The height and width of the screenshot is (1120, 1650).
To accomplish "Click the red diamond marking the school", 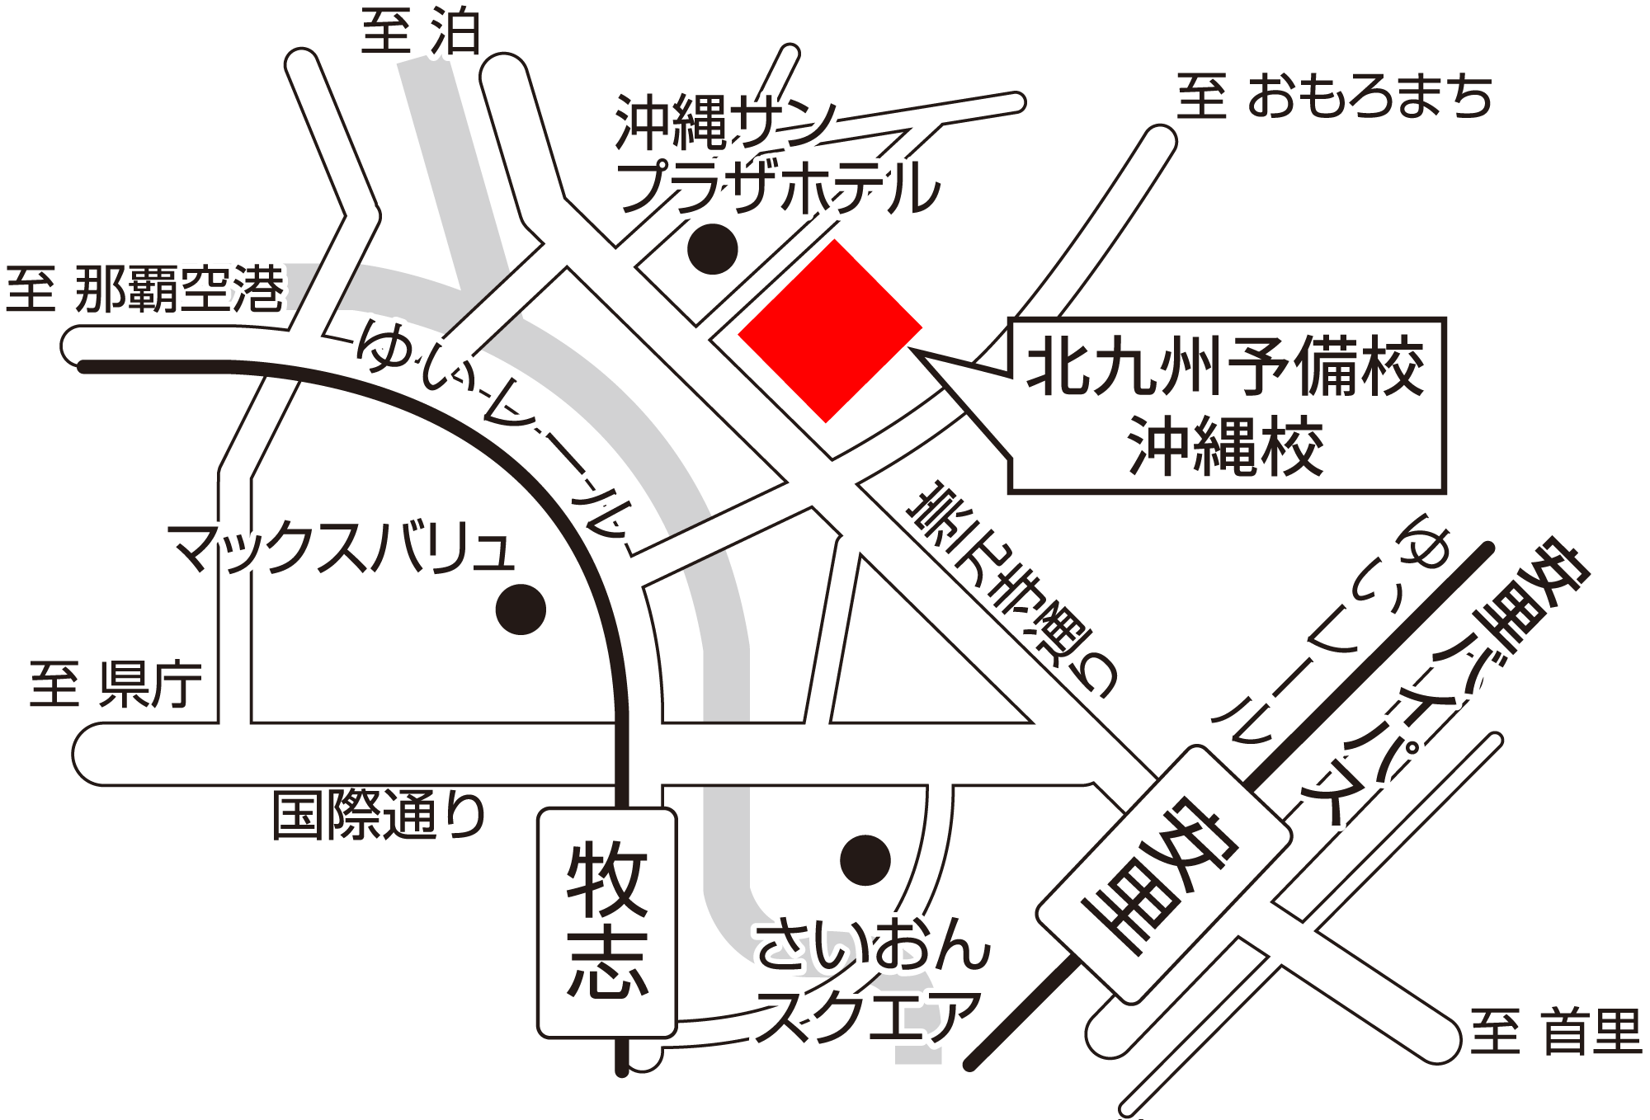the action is click(x=829, y=331).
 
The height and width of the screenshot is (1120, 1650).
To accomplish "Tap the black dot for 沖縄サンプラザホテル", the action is click(x=712, y=248).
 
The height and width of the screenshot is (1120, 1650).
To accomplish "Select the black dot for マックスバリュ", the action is click(x=521, y=609).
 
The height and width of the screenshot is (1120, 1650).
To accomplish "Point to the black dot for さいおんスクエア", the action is click(x=865, y=860).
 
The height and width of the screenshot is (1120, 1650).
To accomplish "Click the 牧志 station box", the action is click(x=607, y=922).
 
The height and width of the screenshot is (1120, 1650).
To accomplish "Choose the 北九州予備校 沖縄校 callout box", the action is click(x=1226, y=406).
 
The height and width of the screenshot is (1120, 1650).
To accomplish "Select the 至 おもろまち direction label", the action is click(x=1334, y=96).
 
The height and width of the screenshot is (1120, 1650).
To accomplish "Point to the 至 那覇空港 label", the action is click(x=145, y=289).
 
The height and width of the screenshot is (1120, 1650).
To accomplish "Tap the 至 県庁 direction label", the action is click(x=115, y=684).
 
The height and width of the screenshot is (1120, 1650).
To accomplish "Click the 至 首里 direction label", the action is click(x=1555, y=1031).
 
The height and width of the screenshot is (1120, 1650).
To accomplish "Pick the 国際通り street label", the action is click(x=379, y=815).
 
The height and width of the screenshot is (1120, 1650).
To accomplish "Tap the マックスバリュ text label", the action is click(x=341, y=548).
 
